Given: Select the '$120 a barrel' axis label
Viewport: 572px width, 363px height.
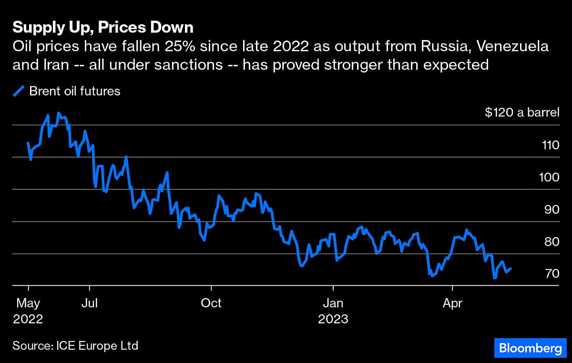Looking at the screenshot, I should coord(521,113).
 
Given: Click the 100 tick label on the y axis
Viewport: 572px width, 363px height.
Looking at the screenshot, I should coord(548,177).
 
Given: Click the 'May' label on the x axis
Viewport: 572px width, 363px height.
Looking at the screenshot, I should coord(29,303).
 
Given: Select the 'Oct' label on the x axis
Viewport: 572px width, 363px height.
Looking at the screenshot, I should coord(211,303).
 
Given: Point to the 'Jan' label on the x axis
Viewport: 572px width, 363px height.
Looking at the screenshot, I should coord(333,303).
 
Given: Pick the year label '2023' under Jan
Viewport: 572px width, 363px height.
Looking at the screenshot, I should coord(333,319).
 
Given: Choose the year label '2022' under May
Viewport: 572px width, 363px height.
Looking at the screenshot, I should coord(29,319).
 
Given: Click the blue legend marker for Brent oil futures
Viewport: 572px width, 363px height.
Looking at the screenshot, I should coord(20,91).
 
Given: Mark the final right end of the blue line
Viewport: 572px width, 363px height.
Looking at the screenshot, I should coord(511,269).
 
